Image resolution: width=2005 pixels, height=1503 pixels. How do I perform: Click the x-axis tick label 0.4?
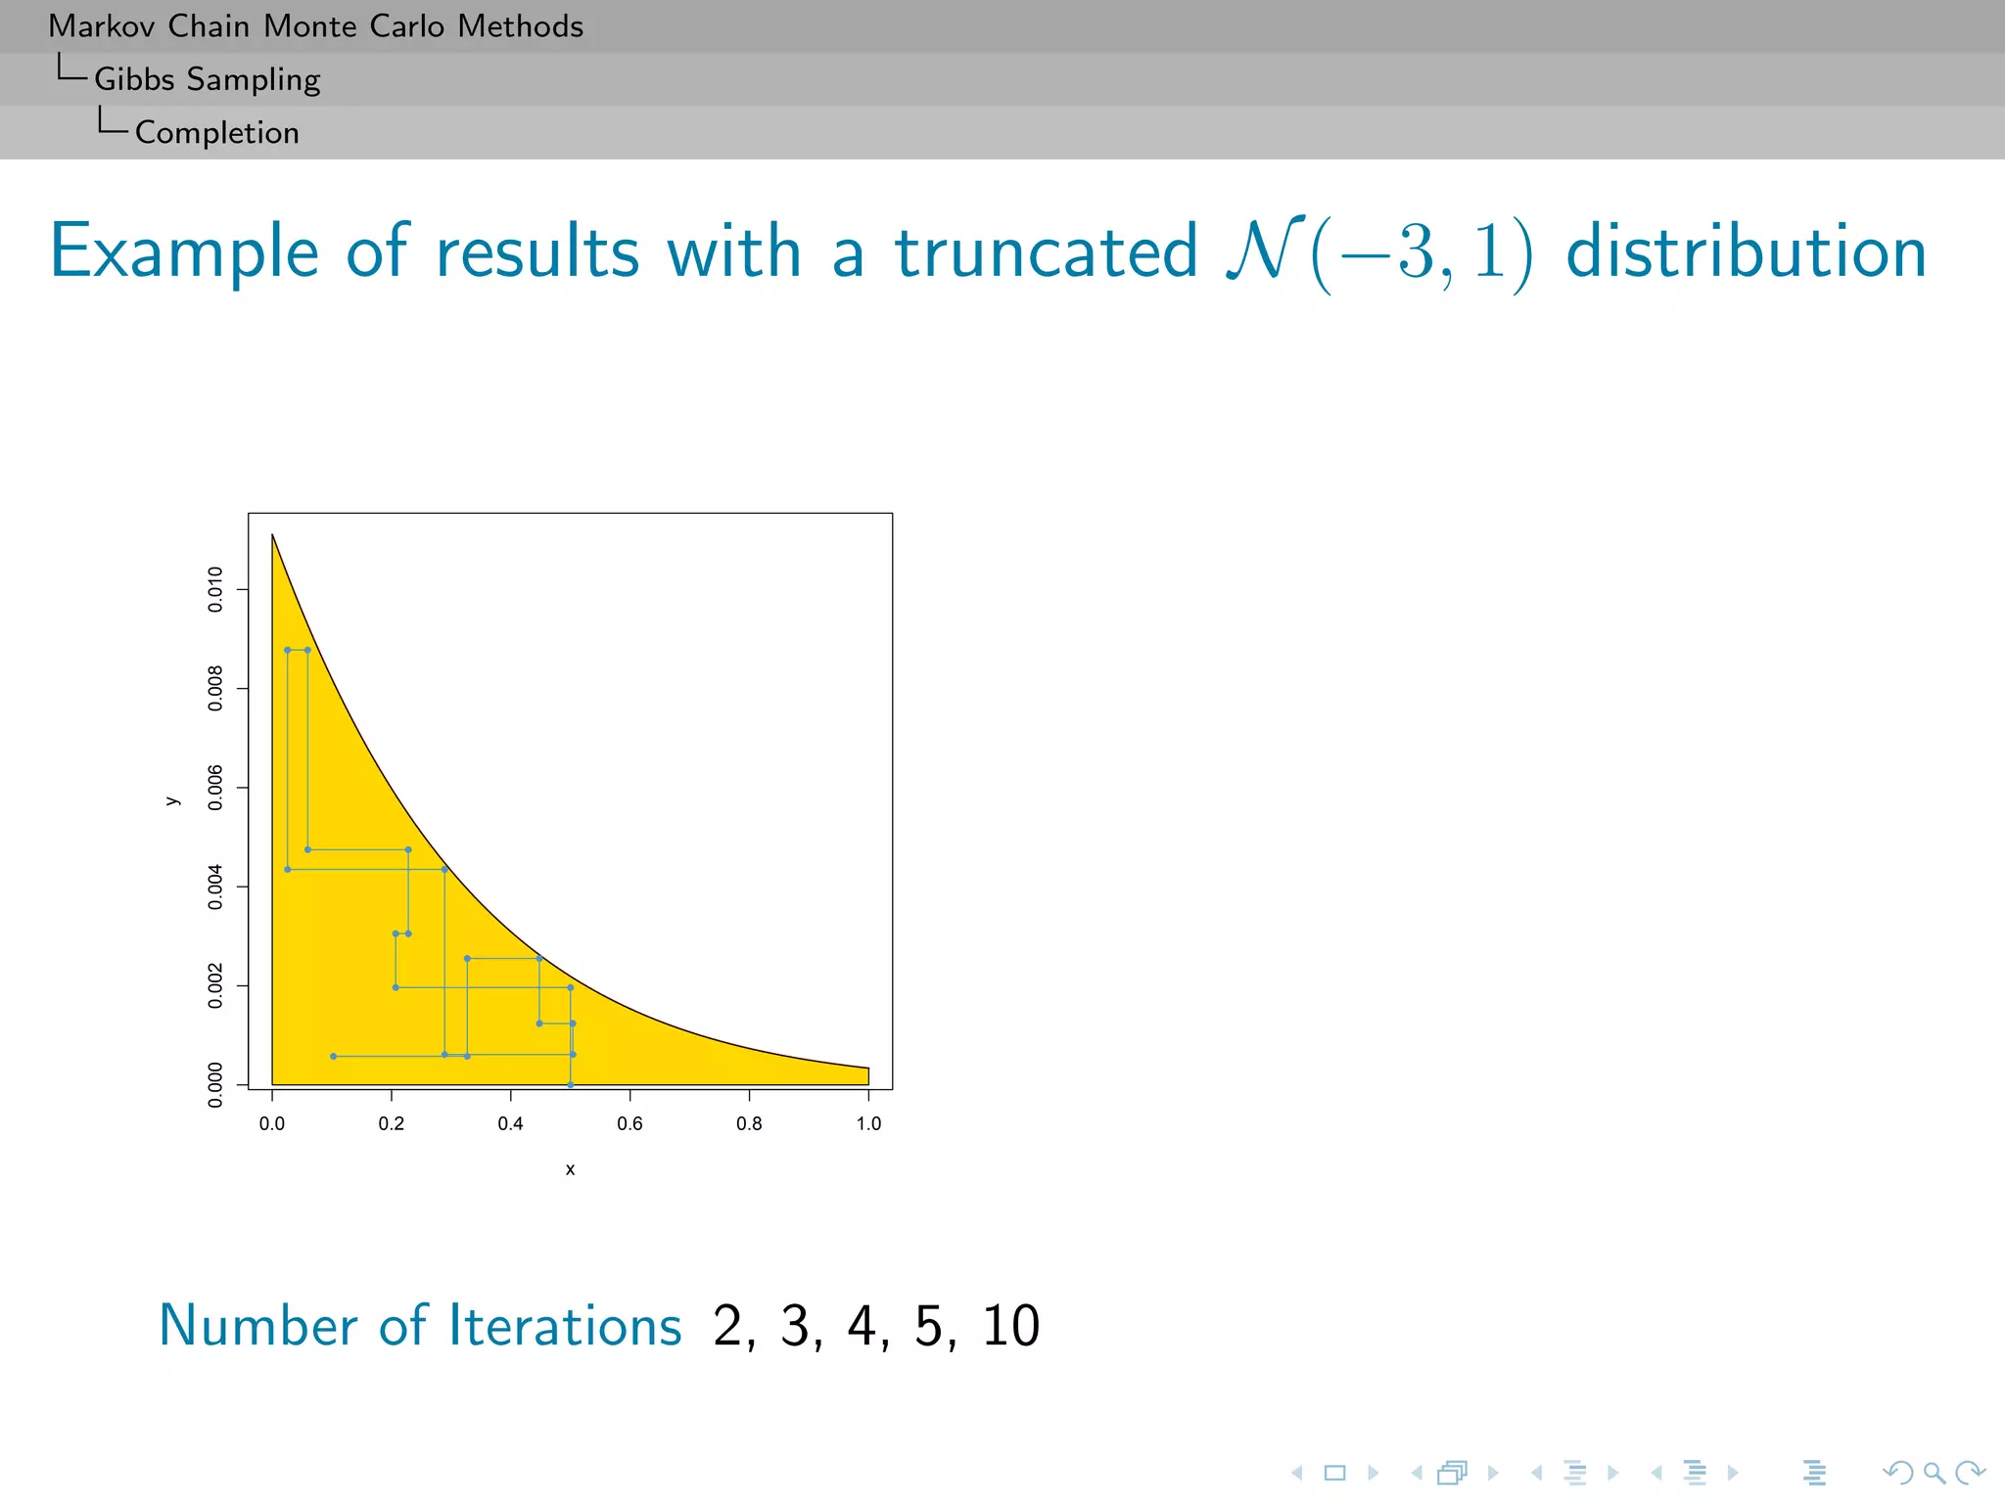coord(510,1123)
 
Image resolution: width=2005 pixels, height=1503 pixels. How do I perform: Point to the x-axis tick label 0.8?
coord(749,1123)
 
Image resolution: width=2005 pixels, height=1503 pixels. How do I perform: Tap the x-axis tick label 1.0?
coord(868,1123)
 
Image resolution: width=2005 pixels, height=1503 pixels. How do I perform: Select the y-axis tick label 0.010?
coord(215,589)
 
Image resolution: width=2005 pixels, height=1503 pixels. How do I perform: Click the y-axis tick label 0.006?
coord(215,788)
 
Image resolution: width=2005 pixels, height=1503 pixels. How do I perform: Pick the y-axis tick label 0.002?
coord(215,985)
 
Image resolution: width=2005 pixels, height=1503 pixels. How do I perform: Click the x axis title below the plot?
coord(570,1169)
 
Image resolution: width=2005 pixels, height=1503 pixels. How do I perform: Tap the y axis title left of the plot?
coord(173,801)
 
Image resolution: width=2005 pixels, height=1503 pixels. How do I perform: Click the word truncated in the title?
coord(1046,252)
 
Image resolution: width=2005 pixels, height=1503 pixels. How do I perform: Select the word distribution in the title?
coord(1746,252)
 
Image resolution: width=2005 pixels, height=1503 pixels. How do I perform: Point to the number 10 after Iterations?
coord(1010,1327)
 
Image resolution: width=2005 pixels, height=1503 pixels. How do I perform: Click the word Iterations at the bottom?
coord(565,1327)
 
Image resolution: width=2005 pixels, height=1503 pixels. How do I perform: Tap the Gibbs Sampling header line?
coord(207,79)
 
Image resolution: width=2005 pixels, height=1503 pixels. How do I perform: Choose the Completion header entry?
coord(216,132)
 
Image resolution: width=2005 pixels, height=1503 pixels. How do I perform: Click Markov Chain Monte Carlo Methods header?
coord(315,26)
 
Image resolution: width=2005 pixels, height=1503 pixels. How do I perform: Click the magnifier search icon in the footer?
coord(1934,1473)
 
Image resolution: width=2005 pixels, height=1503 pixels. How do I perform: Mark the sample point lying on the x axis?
coord(571,1084)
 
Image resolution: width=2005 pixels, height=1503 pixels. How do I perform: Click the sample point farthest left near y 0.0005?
coord(334,1056)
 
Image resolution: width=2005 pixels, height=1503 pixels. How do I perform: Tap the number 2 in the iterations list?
coord(728,1327)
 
